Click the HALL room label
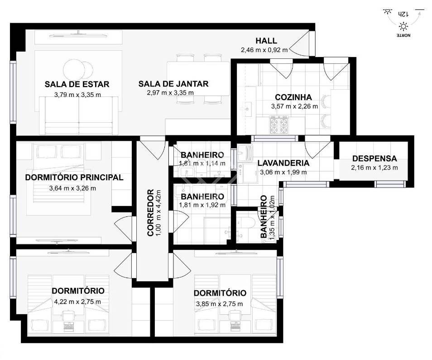[266, 41]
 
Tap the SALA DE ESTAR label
[77, 84]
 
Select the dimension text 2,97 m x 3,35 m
[171, 93]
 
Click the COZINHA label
[293, 97]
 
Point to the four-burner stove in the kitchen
[279, 125]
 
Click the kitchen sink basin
[248, 108]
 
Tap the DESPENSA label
[374, 158]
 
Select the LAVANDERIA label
[283, 163]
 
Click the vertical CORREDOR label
[150, 212]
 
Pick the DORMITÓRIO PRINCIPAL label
[74, 178]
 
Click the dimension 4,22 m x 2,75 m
[78, 302]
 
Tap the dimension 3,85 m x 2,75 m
[220, 304]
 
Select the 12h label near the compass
[403, 14]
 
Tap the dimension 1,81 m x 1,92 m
[202, 205]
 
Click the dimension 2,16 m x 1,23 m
[374, 168]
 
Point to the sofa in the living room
[79, 115]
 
